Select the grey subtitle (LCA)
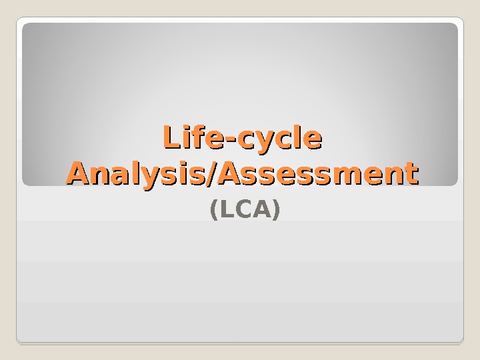click(x=245, y=211)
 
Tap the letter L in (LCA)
click(x=224, y=211)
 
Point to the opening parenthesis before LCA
click(x=213, y=211)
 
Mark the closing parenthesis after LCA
click(x=276, y=211)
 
